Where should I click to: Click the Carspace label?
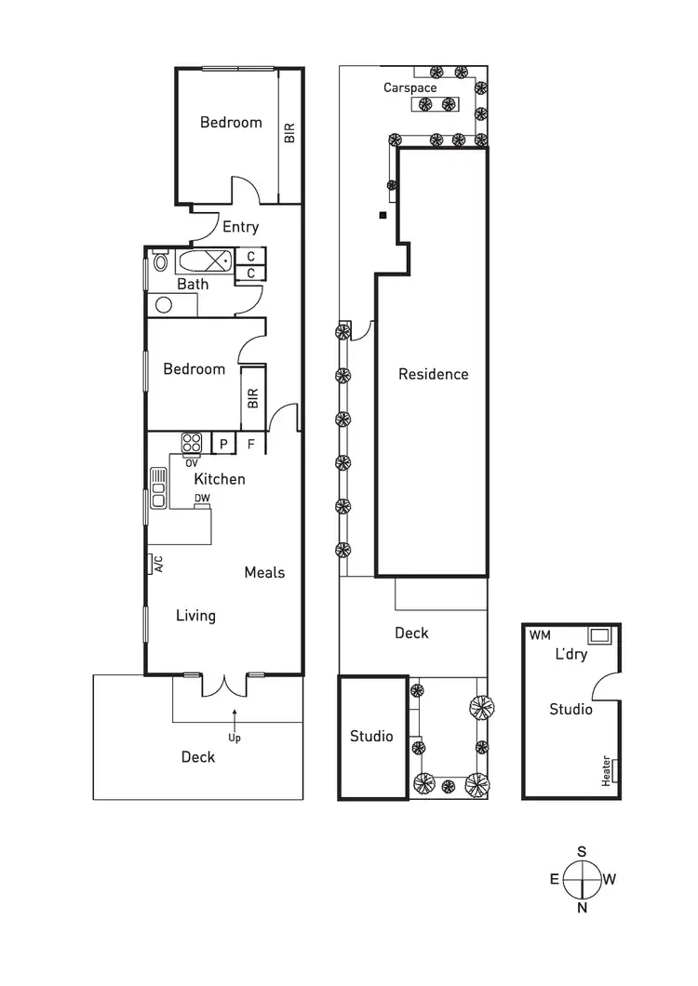410,88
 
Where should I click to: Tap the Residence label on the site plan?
433,374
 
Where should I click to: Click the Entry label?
240,227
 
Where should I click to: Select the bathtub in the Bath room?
205,260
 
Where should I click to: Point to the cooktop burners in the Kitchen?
193,442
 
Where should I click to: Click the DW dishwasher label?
202,499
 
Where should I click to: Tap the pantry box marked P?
223,445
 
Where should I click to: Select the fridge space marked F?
250,445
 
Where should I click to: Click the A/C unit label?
158,564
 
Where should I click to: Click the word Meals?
264,572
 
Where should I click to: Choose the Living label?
196,615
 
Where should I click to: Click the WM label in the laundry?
539,635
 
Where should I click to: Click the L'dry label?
570,654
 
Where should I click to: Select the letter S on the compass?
582,851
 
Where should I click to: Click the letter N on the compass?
582,909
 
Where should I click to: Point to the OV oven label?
192,462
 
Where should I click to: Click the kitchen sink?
157,483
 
